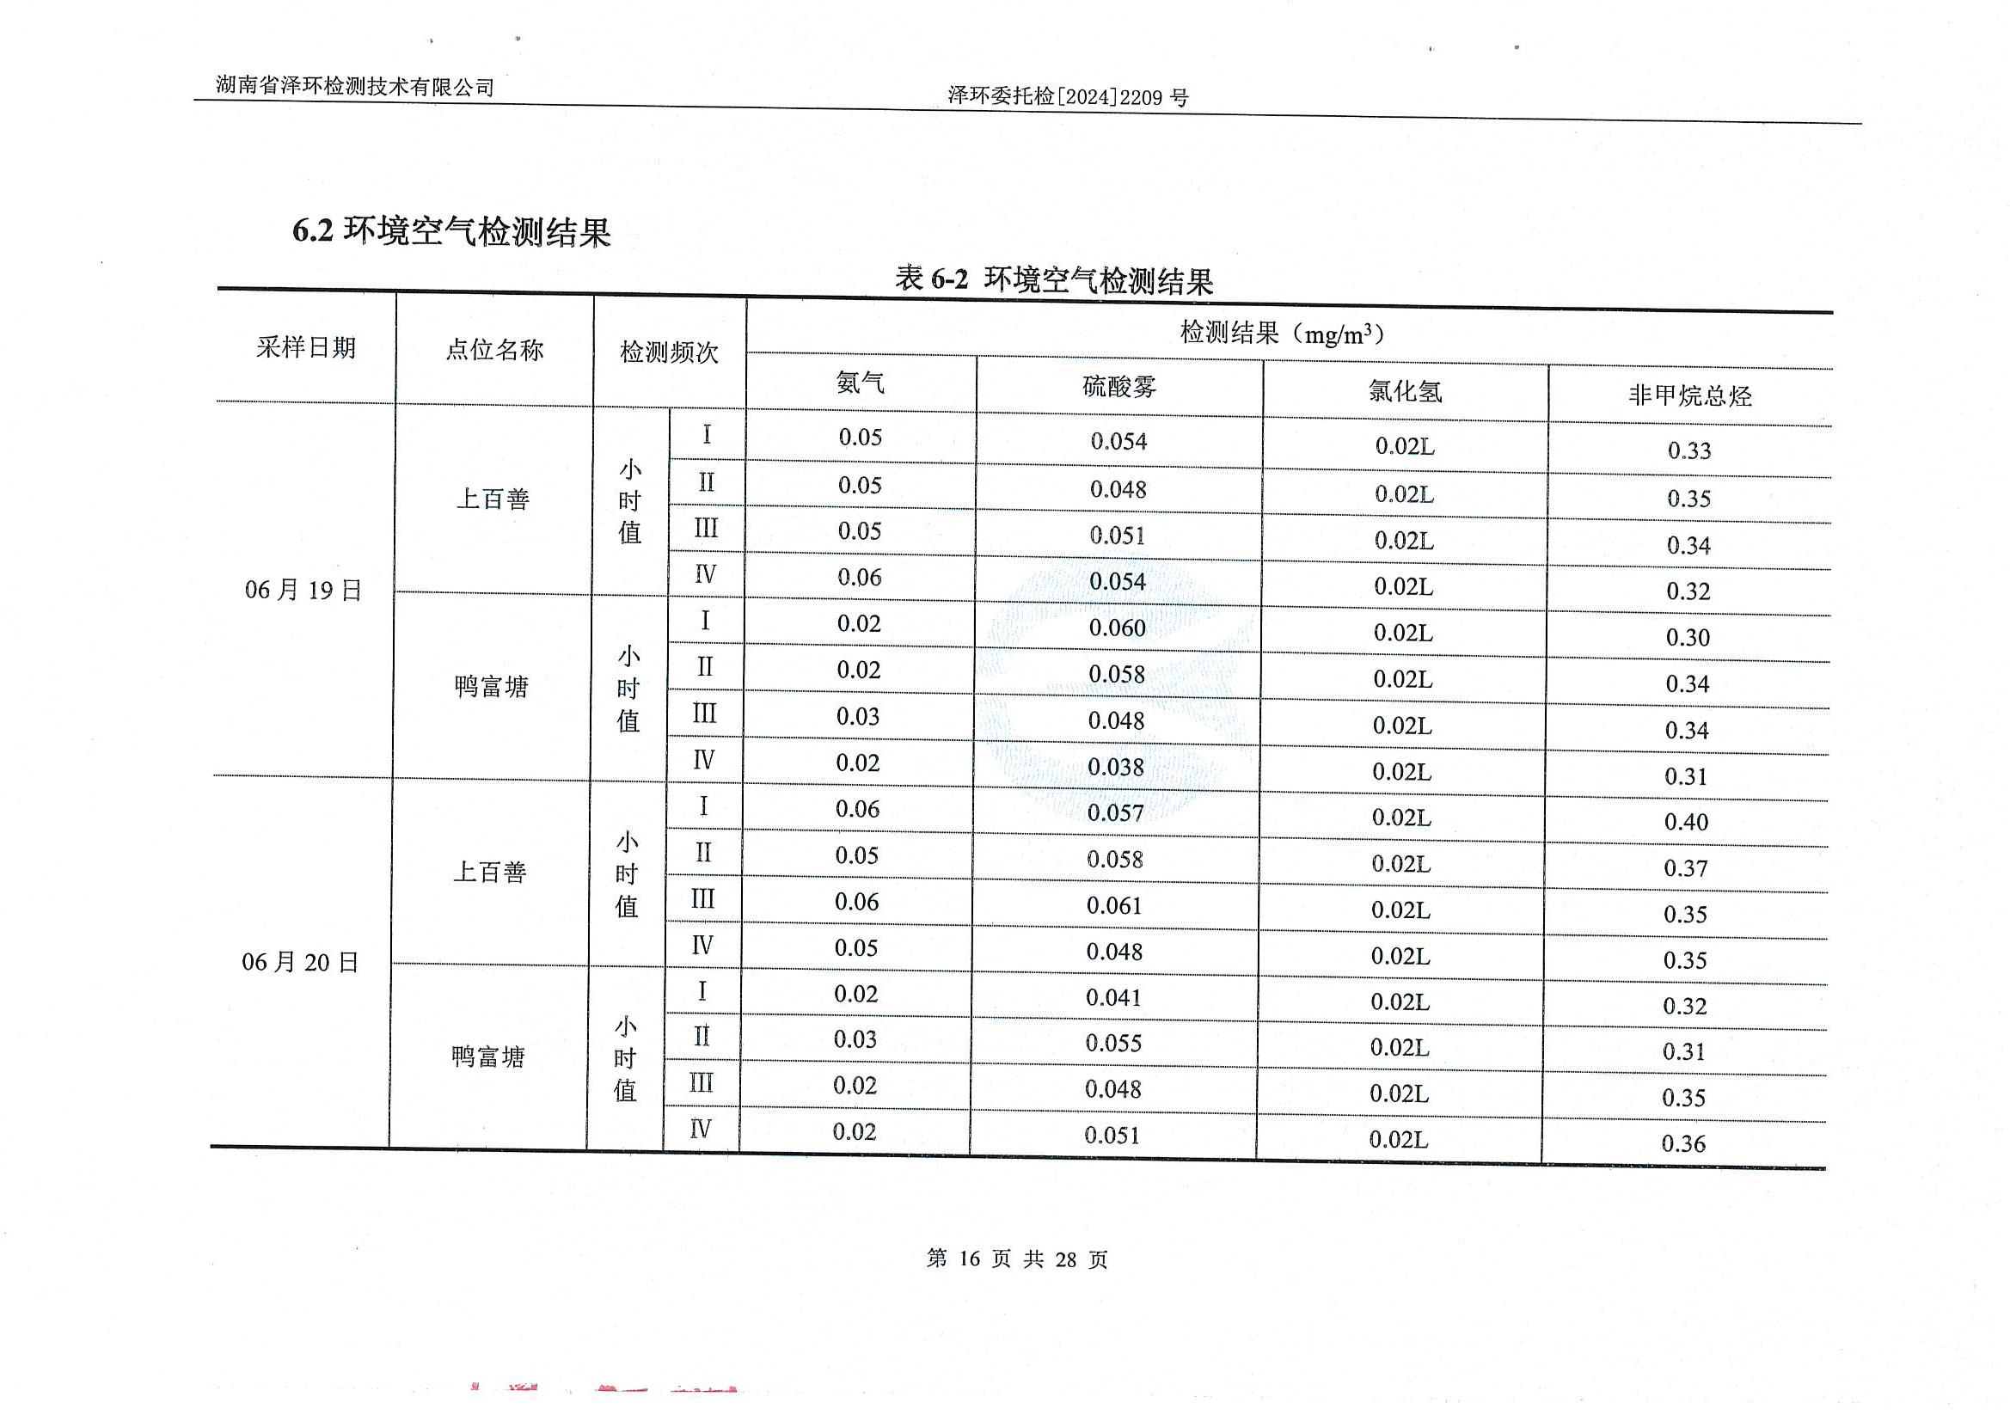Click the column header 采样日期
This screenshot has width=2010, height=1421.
click(305, 347)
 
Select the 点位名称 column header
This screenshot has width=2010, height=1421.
click(494, 350)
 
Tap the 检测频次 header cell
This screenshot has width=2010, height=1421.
click(669, 352)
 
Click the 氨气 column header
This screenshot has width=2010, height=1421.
click(860, 383)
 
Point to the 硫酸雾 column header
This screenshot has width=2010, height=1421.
click(1118, 386)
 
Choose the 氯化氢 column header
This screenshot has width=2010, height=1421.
click(1405, 391)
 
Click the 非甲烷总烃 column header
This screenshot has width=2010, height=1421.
click(1689, 395)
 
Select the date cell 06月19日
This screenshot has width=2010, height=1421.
click(303, 590)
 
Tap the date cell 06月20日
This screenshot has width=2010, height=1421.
click(300, 962)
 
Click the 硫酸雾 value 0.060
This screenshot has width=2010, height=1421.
click(1117, 628)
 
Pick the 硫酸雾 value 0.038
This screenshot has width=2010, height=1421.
click(1115, 767)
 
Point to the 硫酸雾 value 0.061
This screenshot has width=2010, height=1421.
click(1114, 905)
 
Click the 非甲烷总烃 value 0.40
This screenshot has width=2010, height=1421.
click(1686, 822)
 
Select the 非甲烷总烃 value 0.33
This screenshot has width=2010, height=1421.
click(1688, 451)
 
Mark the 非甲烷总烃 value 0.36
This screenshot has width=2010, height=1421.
click(1683, 1143)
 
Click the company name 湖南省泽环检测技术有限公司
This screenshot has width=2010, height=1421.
click(354, 86)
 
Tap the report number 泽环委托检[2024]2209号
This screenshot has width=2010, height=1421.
click(1068, 97)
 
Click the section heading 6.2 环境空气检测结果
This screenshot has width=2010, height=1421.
click(450, 231)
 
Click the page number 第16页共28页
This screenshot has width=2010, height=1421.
click(1017, 1259)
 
